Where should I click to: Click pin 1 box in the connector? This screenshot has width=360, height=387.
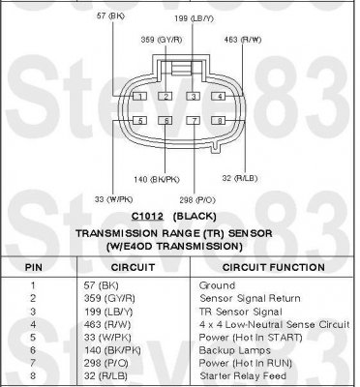tap(140, 96)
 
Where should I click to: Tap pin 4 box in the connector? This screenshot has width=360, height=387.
tap(219, 96)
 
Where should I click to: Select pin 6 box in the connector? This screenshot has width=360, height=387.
tap(165, 121)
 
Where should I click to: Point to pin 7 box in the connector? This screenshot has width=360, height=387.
tap(194, 121)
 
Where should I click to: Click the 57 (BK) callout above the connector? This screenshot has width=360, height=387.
tap(110, 15)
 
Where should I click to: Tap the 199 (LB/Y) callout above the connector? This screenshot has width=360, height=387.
tap(194, 18)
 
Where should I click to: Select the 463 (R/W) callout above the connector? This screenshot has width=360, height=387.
tap(243, 40)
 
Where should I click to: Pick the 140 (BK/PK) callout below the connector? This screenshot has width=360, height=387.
tap(157, 179)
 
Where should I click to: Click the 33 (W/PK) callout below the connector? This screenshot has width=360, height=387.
tap(113, 199)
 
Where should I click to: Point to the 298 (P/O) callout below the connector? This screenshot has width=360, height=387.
tap(197, 200)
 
